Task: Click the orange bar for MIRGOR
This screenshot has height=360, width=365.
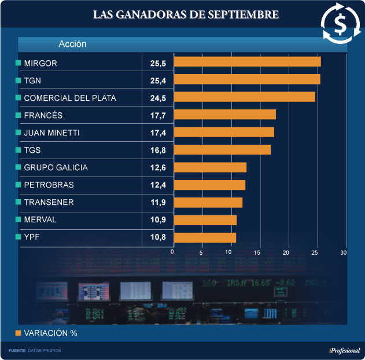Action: [247, 62]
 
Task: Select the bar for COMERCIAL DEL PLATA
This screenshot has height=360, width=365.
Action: [244, 97]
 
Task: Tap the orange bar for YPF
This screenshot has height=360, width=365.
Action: [205, 237]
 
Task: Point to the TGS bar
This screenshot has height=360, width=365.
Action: [222, 150]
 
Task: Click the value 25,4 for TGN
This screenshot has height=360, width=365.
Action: [158, 80]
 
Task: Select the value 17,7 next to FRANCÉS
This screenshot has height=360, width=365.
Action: [158, 115]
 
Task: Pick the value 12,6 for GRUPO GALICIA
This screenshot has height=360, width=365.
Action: [158, 168]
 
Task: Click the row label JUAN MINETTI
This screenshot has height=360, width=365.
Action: [51, 133]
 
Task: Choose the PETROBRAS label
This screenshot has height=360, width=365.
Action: [49, 185]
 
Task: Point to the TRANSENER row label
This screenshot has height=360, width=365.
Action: [49, 203]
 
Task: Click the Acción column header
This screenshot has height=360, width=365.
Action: [72, 44]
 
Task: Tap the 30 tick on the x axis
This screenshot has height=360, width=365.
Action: [343, 253]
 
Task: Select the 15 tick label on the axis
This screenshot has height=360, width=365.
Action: [258, 253]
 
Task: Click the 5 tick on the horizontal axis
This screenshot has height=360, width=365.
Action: [201, 253]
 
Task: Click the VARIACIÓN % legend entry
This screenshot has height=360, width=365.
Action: [50, 333]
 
